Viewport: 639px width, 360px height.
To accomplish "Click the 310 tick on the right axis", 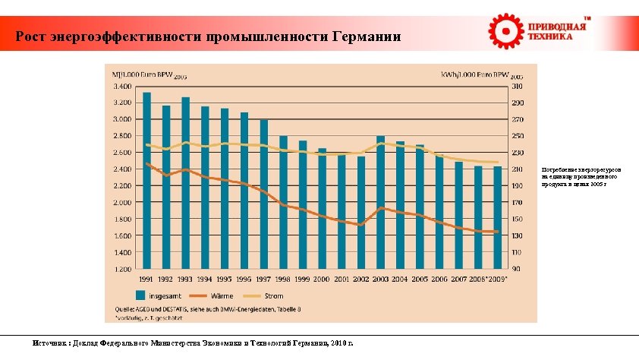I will coord(516,86).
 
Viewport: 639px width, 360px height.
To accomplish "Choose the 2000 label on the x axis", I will coord(322,279).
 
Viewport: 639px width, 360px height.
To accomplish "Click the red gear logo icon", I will coord(504,30).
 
